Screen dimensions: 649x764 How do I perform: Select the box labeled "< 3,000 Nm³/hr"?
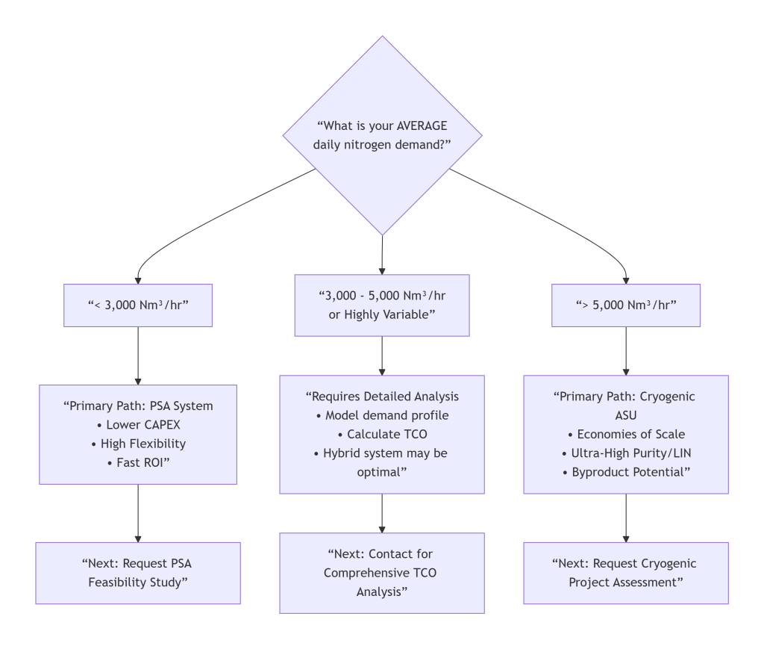click(x=138, y=305)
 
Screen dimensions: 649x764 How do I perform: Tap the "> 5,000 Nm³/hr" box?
click(x=625, y=305)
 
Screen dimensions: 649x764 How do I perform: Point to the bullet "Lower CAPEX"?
click(x=138, y=425)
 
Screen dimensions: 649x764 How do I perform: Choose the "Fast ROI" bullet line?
click(x=138, y=462)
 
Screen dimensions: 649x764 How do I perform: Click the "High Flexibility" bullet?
click(x=138, y=444)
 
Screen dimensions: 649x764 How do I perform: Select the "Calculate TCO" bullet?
click(x=382, y=435)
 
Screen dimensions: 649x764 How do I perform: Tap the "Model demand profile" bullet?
click(x=382, y=416)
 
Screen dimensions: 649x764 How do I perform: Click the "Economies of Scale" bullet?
click(x=625, y=435)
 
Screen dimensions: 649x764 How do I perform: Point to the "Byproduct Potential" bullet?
click(x=625, y=472)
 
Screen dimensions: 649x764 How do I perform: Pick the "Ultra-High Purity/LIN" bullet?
click(x=625, y=453)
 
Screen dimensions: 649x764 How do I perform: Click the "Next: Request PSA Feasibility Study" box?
click(x=138, y=573)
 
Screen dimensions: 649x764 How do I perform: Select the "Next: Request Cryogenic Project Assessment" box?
click(x=625, y=573)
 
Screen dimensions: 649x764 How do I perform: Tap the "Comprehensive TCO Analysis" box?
click(x=382, y=573)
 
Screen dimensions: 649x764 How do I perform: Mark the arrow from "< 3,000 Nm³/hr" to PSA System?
click(x=138, y=355)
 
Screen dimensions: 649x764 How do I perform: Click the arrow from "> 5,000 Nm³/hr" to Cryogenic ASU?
click(x=625, y=351)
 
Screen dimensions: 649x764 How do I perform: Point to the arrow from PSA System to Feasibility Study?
click(x=138, y=513)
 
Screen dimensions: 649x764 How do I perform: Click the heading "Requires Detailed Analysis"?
click(x=382, y=397)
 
